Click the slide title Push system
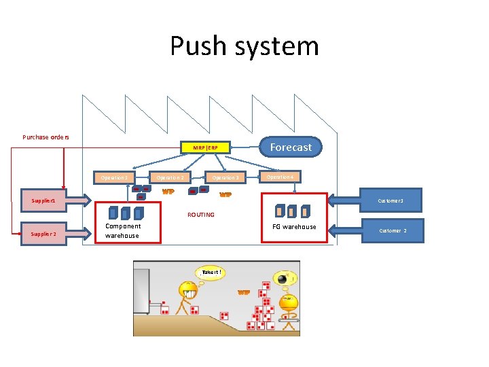click(x=244, y=46)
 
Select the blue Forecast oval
click(x=291, y=147)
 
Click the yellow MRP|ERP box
click(x=205, y=147)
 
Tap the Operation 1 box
click(x=114, y=177)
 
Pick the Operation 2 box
click(x=170, y=177)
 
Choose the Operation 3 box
click(x=225, y=177)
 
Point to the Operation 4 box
click(x=280, y=177)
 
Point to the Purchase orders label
click(x=46, y=137)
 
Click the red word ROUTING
click(x=200, y=215)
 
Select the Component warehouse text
click(x=123, y=231)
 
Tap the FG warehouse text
click(x=294, y=227)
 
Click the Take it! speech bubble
click(x=211, y=273)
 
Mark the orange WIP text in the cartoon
click(x=243, y=292)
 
